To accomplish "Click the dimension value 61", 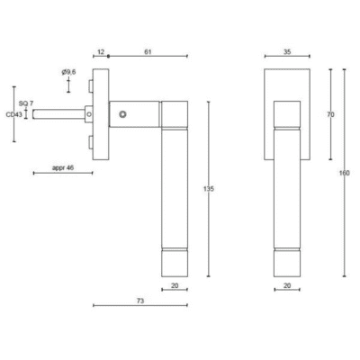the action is [148, 52].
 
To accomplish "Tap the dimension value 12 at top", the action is [101, 52].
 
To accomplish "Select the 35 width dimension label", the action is [287, 52].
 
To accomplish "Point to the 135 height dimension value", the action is [209, 189].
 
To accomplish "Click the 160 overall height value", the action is [345, 173].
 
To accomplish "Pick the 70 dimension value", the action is [330, 114].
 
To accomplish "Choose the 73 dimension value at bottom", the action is [140, 301].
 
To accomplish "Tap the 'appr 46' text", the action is [63, 168].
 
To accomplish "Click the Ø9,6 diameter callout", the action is [68, 72].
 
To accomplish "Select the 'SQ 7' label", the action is [26, 103].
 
